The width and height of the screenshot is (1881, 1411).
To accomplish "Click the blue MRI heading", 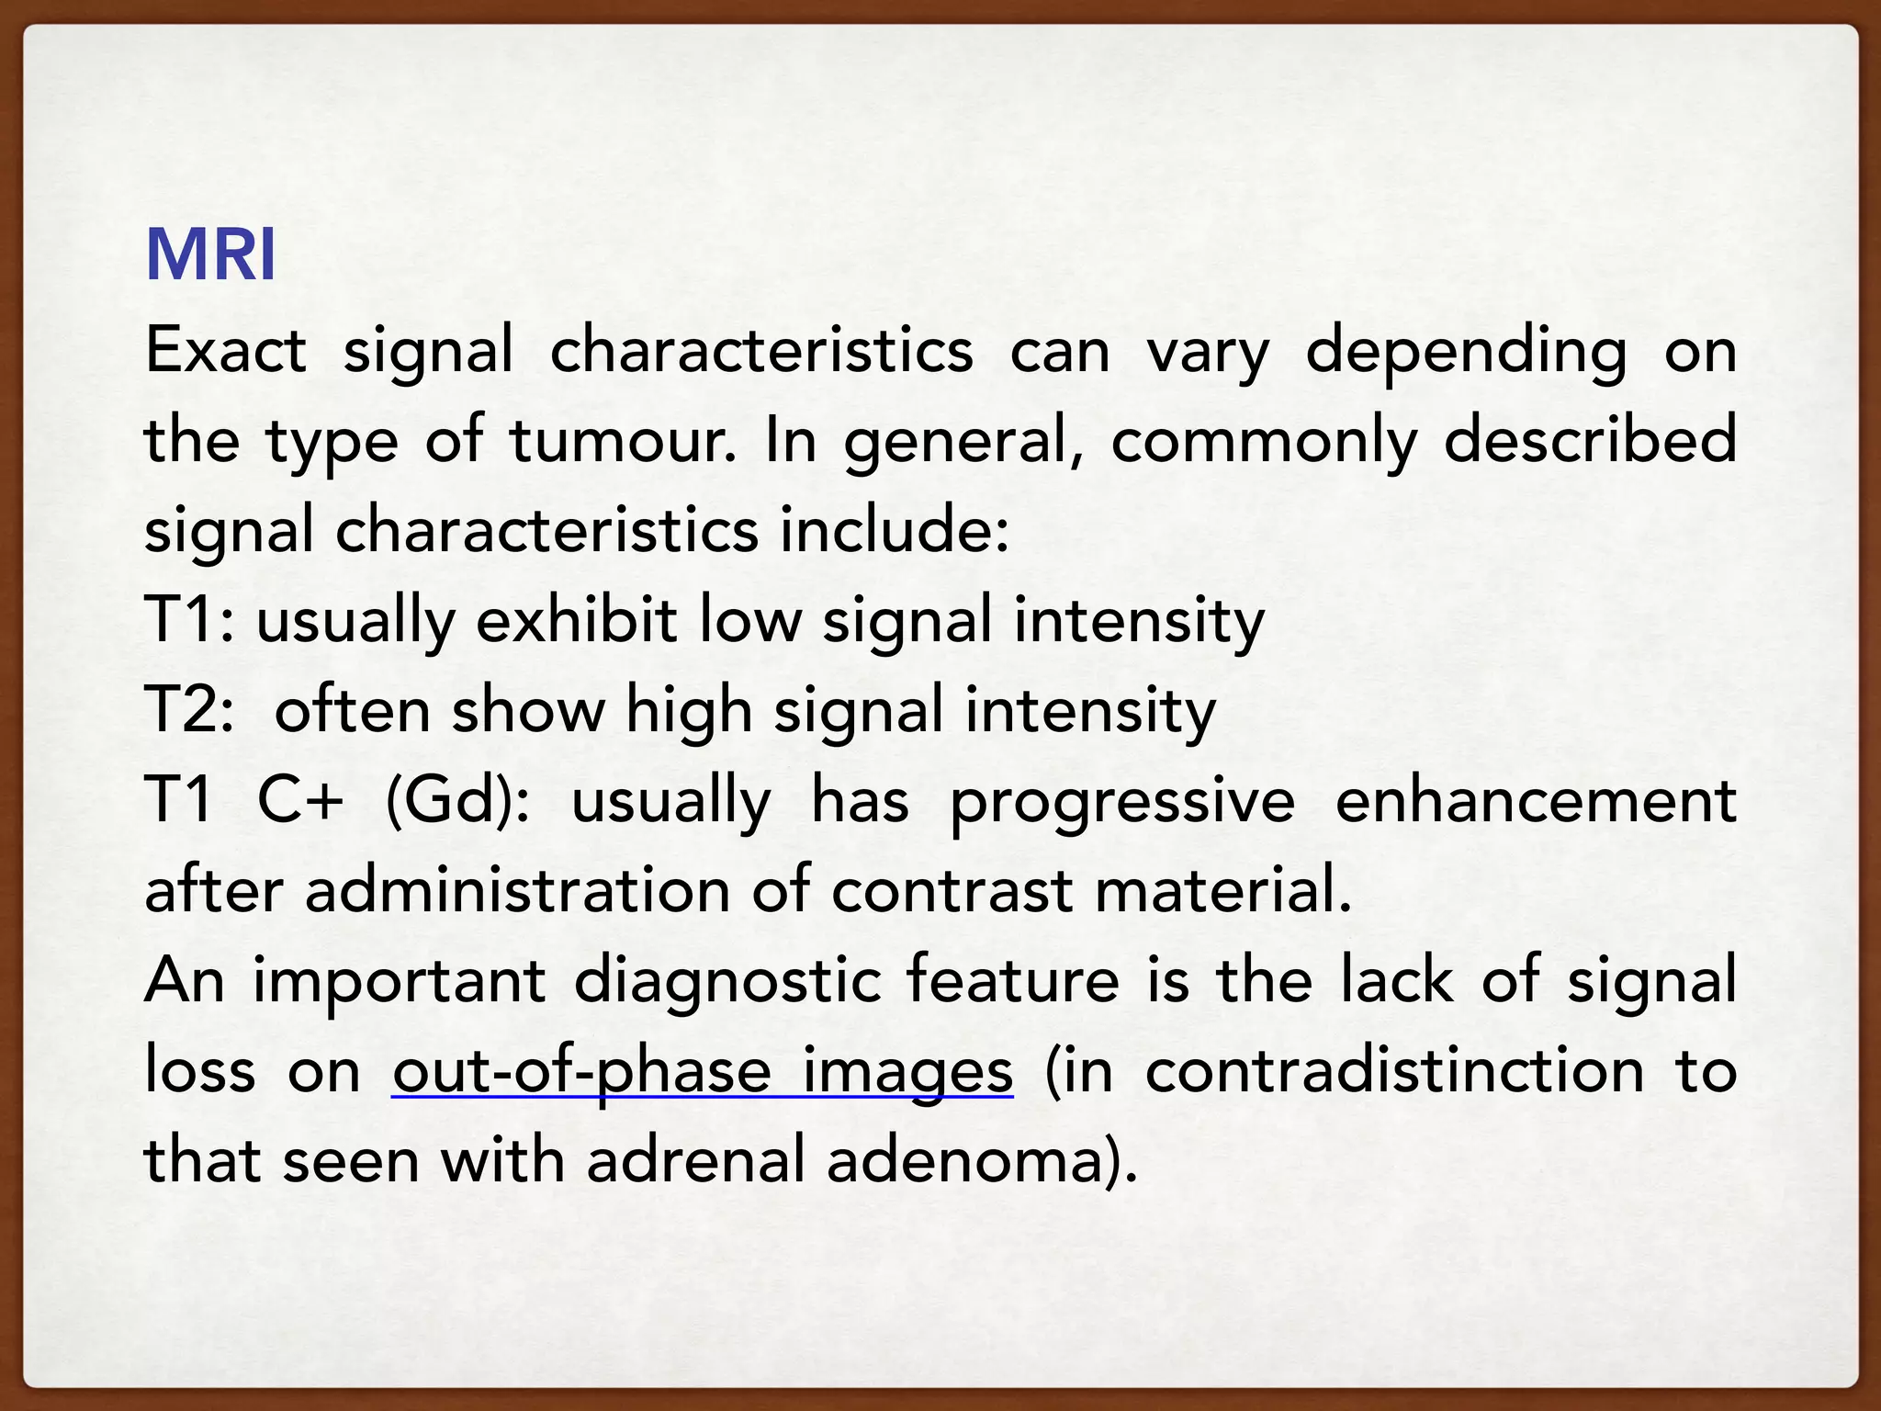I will pos(210,254).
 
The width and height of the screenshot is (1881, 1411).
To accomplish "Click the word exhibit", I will pos(577,619).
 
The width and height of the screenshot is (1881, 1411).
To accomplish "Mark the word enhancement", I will pos(1536,800).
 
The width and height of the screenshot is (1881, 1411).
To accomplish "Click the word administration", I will pos(516,890).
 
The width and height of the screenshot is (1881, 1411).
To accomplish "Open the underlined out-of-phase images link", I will pos(703,1072).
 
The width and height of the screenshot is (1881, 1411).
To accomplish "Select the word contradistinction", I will pos(1394,1070).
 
